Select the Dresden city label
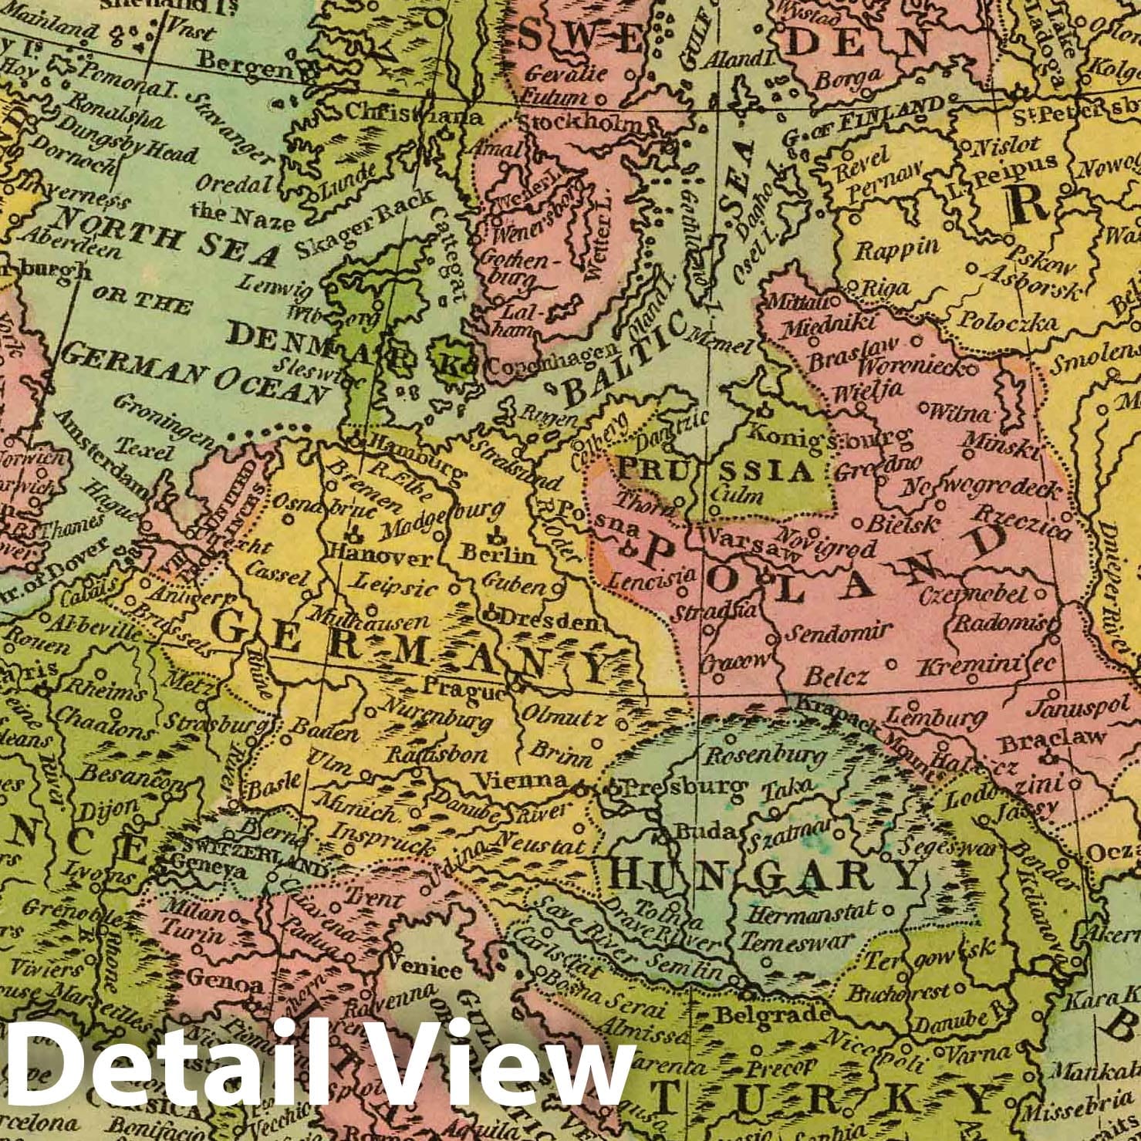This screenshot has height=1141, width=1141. (x=548, y=619)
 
